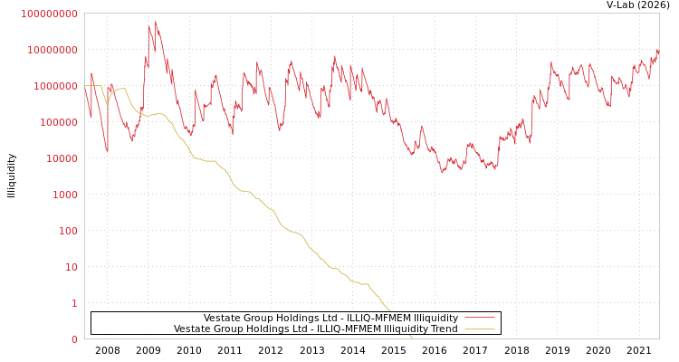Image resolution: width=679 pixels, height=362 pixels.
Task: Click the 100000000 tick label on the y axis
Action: (49, 14)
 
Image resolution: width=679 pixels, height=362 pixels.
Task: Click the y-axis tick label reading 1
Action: (74, 303)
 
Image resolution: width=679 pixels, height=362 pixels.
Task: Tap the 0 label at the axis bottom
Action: (74, 339)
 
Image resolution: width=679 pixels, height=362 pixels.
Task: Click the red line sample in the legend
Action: (478, 318)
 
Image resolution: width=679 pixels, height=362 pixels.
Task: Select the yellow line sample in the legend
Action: (478, 329)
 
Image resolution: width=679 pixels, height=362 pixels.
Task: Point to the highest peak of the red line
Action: (155, 22)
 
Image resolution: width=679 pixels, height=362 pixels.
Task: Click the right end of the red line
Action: (658, 52)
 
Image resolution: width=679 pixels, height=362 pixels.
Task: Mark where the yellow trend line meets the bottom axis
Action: (413, 338)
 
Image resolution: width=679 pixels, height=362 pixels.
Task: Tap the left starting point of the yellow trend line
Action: (85, 86)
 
